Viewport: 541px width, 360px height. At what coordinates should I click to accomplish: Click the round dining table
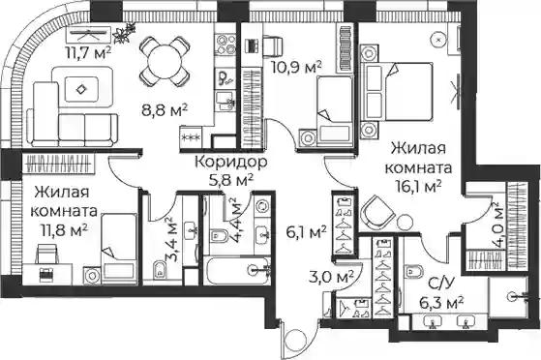[165, 62]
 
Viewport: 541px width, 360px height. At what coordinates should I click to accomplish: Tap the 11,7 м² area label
[88, 53]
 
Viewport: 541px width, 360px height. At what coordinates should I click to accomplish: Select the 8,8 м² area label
[165, 110]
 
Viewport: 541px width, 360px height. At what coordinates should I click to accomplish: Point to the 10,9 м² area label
[296, 68]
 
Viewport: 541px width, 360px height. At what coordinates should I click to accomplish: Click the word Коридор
[231, 162]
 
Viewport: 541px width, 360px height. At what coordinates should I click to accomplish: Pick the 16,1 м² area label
[419, 188]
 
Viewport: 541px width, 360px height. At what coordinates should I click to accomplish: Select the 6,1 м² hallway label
[306, 232]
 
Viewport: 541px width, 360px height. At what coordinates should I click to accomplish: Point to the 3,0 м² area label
[331, 277]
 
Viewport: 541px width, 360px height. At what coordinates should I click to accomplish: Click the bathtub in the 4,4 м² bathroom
[237, 270]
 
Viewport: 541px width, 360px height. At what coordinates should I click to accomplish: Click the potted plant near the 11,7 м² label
[124, 33]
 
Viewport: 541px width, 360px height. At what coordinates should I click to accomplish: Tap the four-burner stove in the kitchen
[226, 45]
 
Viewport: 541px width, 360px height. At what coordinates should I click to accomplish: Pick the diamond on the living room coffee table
[81, 89]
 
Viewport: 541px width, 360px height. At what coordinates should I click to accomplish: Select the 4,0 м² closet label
[497, 225]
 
